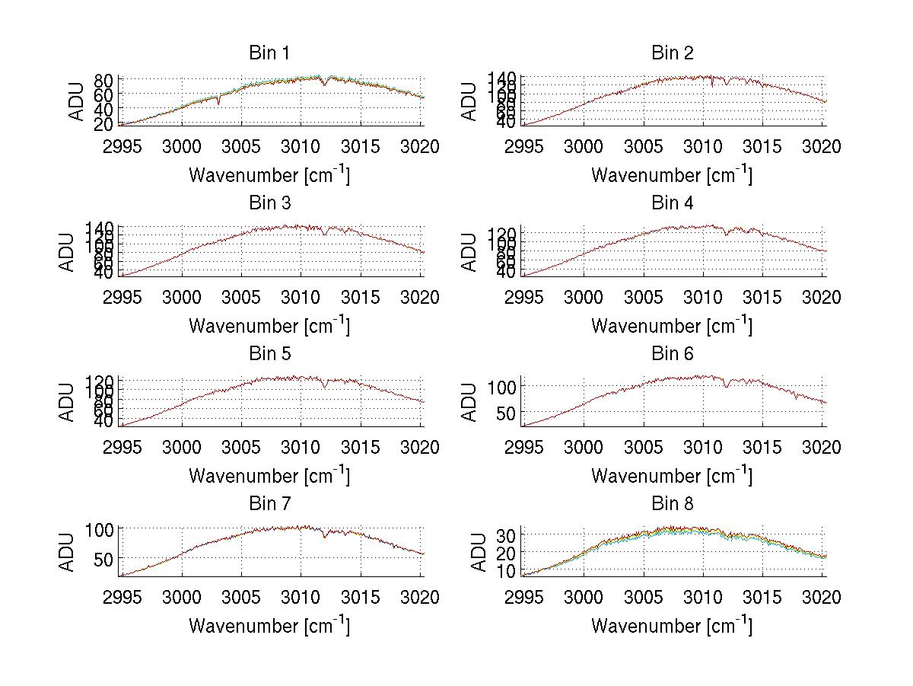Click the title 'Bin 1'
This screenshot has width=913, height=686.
pos(269,53)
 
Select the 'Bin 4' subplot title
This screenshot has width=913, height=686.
pos(672,203)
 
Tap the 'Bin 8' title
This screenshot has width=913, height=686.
pos(672,504)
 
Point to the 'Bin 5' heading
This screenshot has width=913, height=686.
pos(269,354)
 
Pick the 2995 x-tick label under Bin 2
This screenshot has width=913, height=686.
pos(524,146)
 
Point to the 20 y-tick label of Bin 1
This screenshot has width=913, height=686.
pos(104,124)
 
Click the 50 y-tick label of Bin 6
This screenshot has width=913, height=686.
pos(507,413)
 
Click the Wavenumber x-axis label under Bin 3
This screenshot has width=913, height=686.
pos(269,325)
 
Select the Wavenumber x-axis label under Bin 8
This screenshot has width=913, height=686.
pos(672,626)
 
